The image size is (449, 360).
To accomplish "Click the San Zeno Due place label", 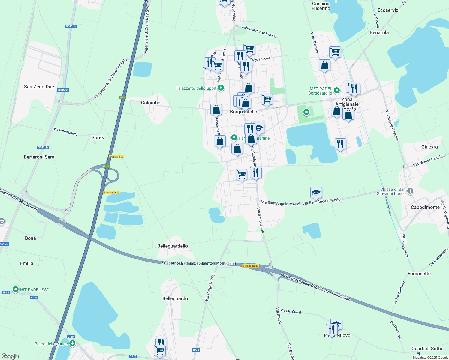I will click(x=39, y=87).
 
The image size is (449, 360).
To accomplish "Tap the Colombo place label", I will click(x=151, y=103).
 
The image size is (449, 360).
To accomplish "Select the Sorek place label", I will click(x=98, y=137).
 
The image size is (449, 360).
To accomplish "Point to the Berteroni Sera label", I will click(x=39, y=157).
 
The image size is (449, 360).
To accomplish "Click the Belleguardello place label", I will click(x=173, y=246).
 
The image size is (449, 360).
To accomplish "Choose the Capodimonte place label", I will click(x=425, y=207).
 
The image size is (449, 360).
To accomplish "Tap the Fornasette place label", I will click(x=419, y=274).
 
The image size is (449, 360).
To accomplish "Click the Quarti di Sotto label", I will click(x=427, y=349).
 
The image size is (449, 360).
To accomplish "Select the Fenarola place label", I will click(x=379, y=32).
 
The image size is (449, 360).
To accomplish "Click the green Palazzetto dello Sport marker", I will click(x=221, y=88).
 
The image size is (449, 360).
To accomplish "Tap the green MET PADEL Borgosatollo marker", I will click(x=336, y=90).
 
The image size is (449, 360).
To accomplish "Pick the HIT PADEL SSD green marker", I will click(x=15, y=289).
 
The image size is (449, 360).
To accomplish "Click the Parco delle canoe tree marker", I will click(x=72, y=343).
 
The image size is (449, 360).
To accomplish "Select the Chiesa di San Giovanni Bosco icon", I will click(x=410, y=191).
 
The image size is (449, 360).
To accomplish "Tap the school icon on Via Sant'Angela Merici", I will click(x=316, y=192).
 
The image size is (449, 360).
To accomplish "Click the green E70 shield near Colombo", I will click(x=122, y=97).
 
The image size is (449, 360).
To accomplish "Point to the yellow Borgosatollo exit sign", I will click(x=251, y=266).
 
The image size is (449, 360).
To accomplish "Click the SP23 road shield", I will click(x=196, y=350).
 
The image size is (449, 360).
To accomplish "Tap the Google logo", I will click(x=10, y=356).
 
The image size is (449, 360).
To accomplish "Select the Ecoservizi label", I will click(x=388, y=10).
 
